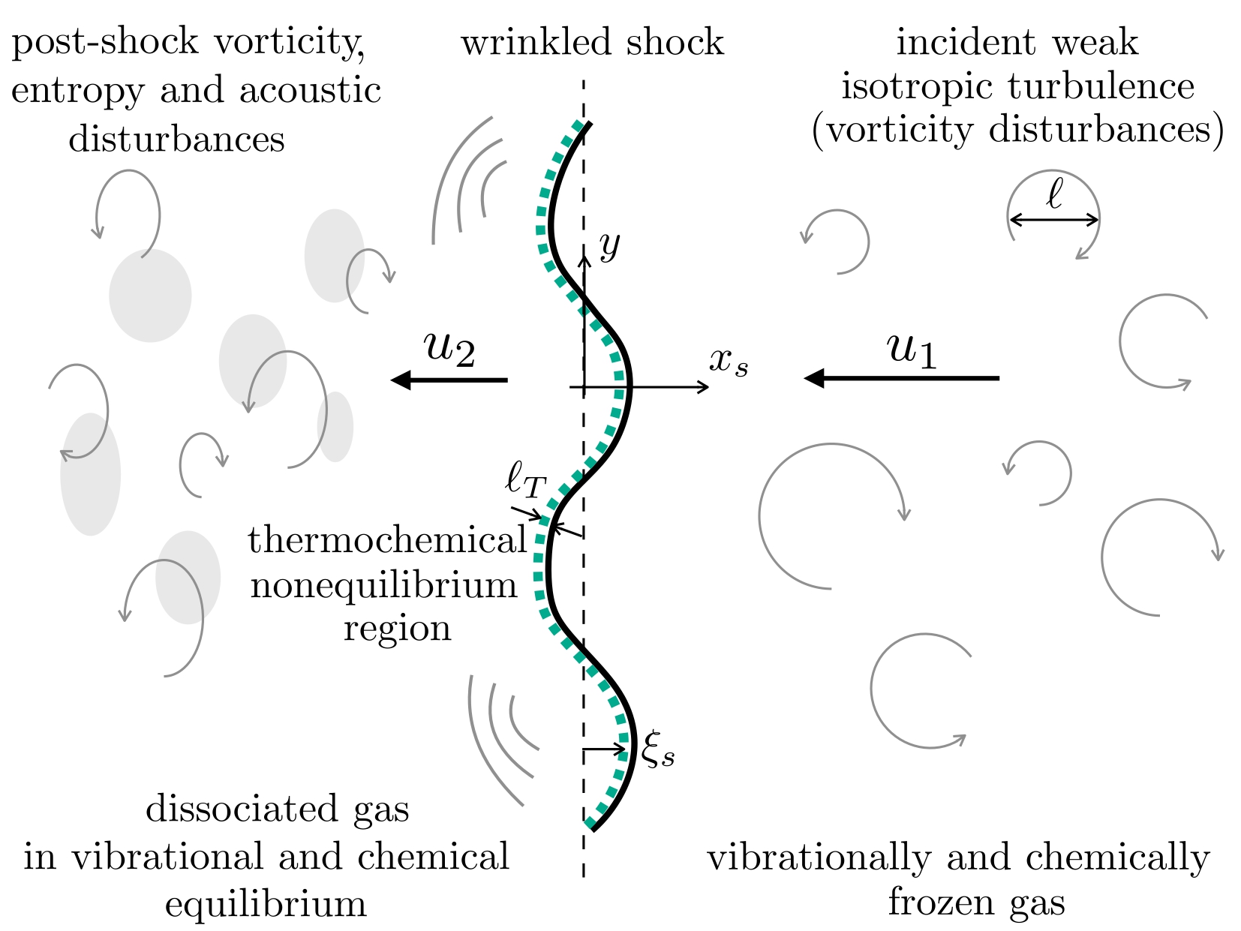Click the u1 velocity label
pyautogui.click(x=912, y=351)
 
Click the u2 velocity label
pyautogui.click(x=449, y=350)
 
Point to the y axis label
pyautogui.click(x=610, y=245)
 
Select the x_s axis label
pyautogui.click(x=729, y=363)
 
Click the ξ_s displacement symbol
pyautogui.click(x=658, y=749)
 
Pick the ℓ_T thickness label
pyautogui.click(x=525, y=480)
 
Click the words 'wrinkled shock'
pyautogui.click(x=592, y=43)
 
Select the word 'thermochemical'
pyautogui.click(x=386, y=541)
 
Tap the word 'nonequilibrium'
pyautogui.click(x=384, y=585)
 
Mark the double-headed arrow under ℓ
pyautogui.click(x=1053, y=220)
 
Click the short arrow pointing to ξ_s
pyautogui.click(x=605, y=749)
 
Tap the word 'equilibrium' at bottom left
pyautogui.click(x=266, y=904)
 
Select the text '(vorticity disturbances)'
pyautogui.click(x=1017, y=129)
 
